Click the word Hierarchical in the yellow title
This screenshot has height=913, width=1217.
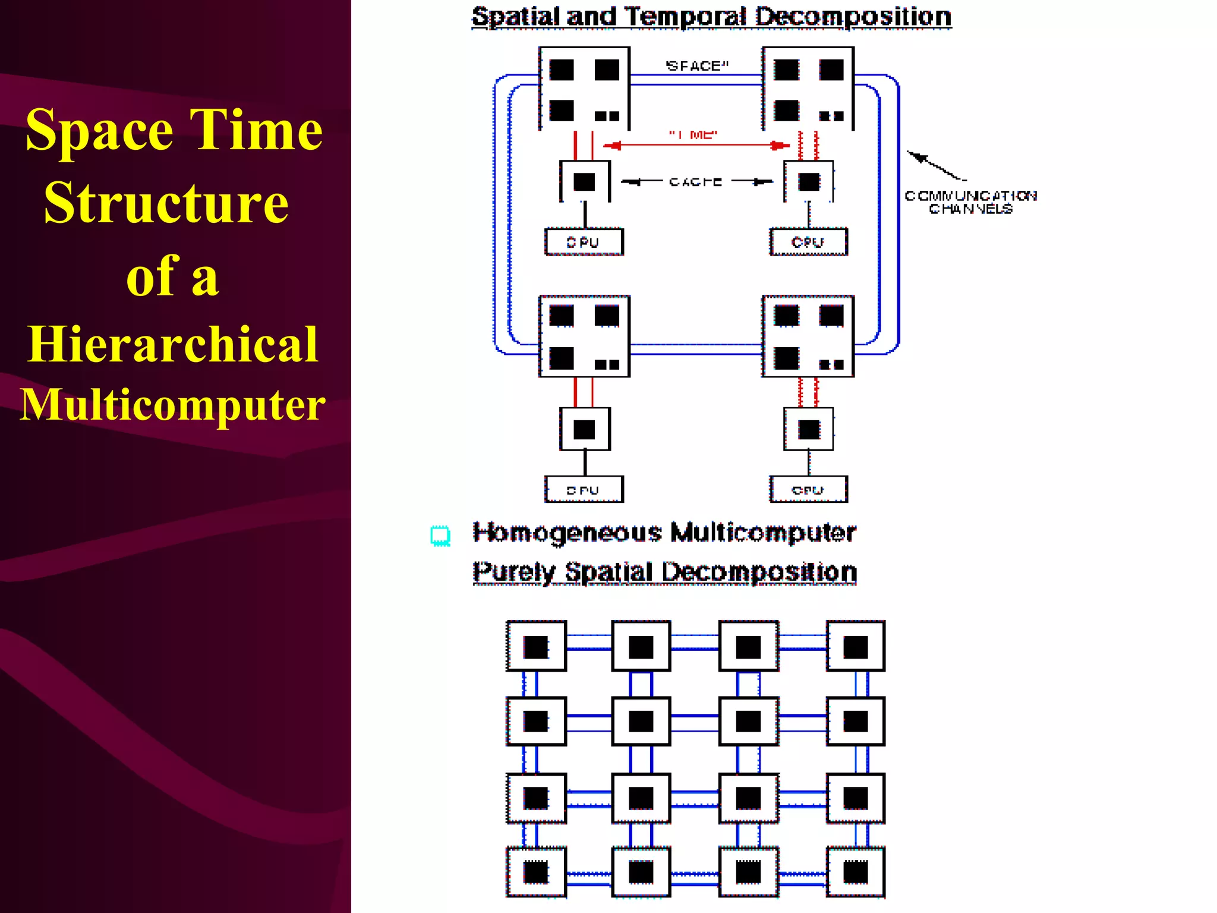(x=172, y=344)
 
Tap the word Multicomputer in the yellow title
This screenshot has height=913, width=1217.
(x=172, y=405)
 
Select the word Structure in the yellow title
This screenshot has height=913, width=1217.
(x=166, y=203)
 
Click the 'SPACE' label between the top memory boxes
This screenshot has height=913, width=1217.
(x=696, y=66)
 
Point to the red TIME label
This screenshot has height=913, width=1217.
(x=693, y=135)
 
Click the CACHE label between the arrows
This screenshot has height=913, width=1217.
(x=695, y=182)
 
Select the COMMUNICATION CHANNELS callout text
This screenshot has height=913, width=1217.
(x=970, y=202)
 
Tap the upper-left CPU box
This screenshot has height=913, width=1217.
(x=584, y=242)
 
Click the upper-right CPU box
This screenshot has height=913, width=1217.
(x=808, y=242)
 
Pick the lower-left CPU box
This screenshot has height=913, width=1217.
(x=584, y=490)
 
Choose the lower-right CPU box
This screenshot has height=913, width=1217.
(x=808, y=490)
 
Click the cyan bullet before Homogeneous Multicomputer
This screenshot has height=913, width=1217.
(x=440, y=536)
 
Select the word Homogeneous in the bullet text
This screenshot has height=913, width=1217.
(x=567, y=533)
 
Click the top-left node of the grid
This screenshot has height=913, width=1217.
(x=536, y=647)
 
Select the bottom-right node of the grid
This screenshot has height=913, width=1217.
(x=855, y=872)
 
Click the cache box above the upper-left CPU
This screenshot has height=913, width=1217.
(x=585, y=182)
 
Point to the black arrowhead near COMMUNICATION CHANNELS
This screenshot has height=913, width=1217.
(x=918, y=157)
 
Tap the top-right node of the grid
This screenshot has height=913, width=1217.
(x=855, y=647)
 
